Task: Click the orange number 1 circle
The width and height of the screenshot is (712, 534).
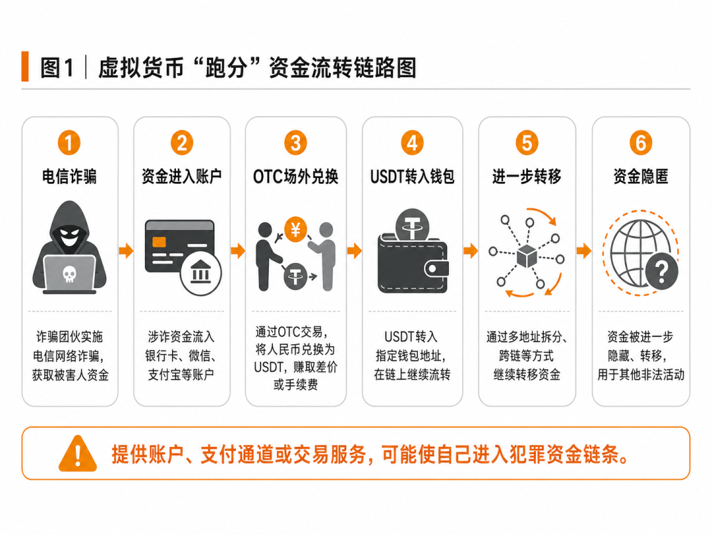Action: click(69, 143)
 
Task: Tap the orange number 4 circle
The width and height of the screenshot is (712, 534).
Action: click(412, 143)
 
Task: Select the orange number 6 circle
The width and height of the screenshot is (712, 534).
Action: click(641, 143)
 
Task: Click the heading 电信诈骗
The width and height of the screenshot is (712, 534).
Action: click(69, 176)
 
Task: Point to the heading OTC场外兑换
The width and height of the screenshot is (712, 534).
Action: click(295, 177)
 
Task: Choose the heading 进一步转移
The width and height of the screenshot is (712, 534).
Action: click(527, 176)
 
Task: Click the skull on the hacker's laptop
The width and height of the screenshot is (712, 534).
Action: click(69, 274)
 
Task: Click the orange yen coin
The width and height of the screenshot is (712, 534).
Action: click(295, 229)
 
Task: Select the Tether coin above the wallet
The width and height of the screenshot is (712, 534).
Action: click(412, 224)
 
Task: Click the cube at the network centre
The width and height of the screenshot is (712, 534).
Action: click(527, 256)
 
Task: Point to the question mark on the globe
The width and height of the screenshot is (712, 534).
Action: click(662, 272)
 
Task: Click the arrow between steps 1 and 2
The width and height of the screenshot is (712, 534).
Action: click(126, 251)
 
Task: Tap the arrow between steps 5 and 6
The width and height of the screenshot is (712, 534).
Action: click(584, 251)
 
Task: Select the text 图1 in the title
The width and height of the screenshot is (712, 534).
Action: click(57, 68)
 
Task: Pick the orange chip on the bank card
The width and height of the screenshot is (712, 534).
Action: click(159, 241)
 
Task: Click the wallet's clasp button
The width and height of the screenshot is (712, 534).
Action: click(434, 269)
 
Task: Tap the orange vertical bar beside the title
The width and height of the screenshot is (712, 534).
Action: click(25, 67)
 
